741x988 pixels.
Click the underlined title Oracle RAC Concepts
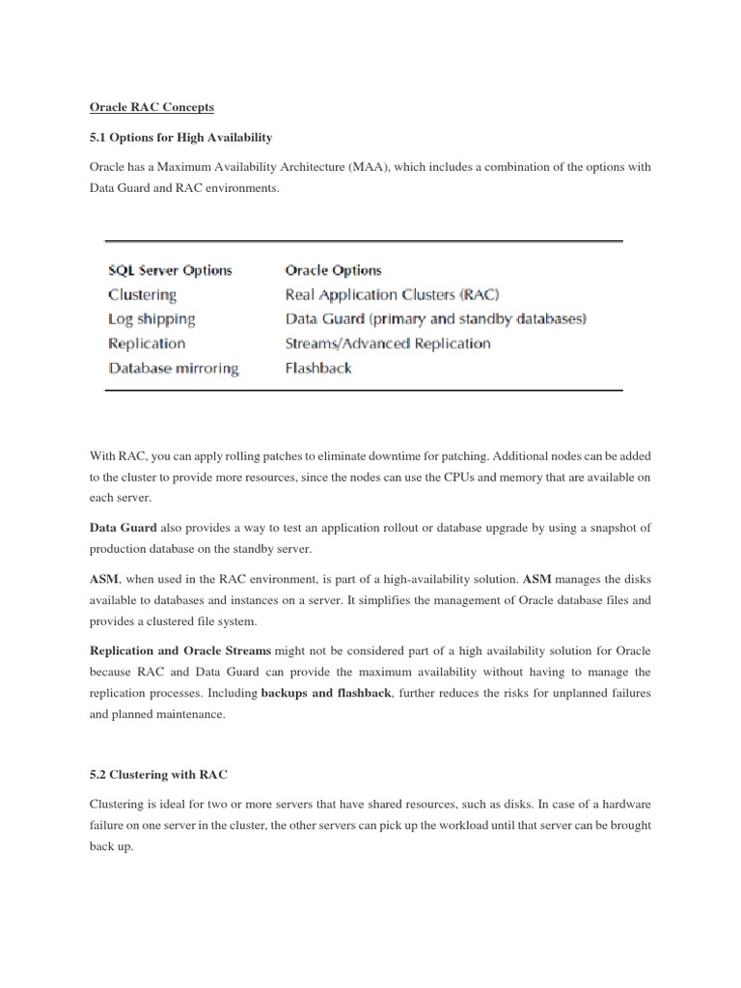pyautogui.click(x=151, y=107)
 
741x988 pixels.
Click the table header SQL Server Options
pyautogui.click(x=170, y=270)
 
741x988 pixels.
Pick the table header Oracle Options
pyautogui.click(x=334, y=270)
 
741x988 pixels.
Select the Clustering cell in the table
pyautogui.click(x=143, y=294)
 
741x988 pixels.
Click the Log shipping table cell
pyautogui.click(x=151, y=318)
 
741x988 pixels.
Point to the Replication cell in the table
pyautogui.click(x=147, y=343)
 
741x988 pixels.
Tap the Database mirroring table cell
pyautogui.click(x=174, y=368)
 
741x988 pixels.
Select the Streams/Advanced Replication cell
pyautogui.click(x=388, y=343)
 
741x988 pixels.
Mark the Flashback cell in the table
pyautogui.click(x=319, y=368)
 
